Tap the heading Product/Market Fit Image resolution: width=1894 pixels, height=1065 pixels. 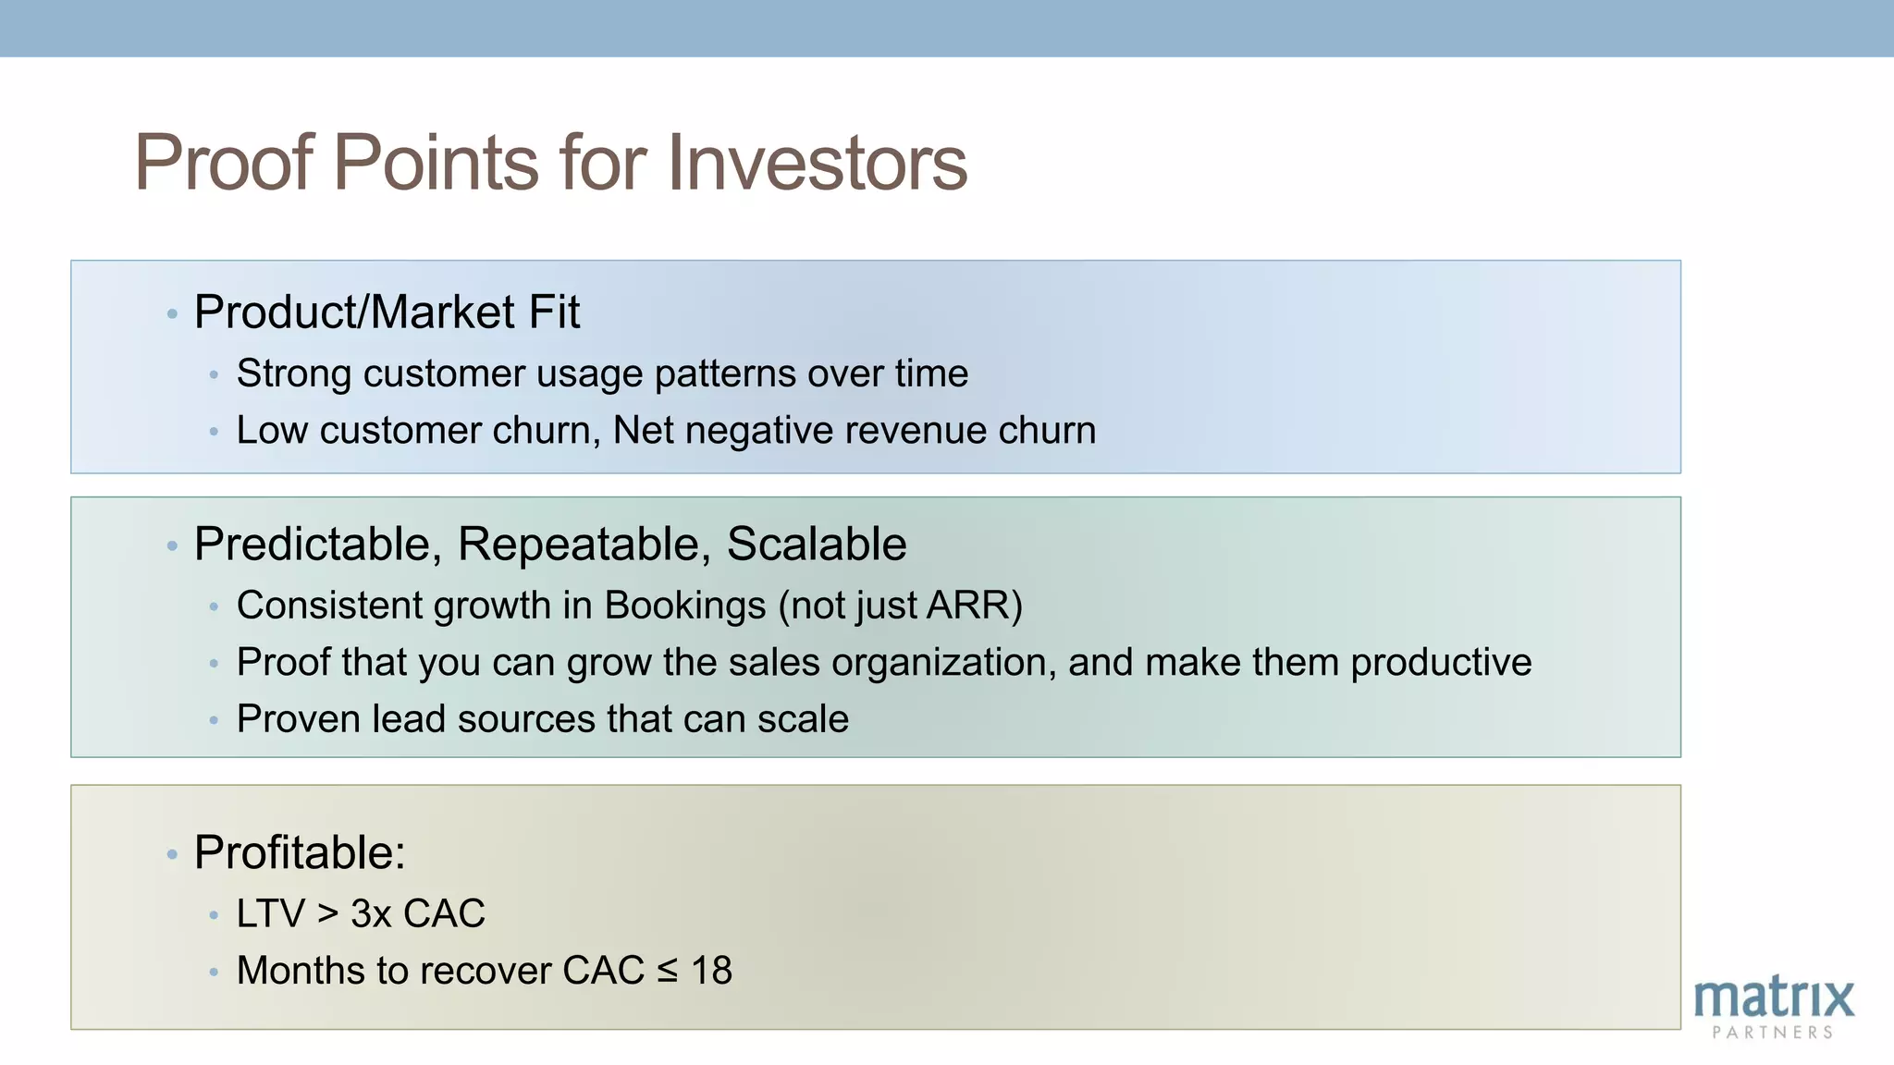387,312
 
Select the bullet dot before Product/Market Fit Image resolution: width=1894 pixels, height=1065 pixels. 172,315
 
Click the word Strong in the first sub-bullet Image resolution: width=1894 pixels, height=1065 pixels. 294,374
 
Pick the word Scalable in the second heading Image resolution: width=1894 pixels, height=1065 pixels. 816,545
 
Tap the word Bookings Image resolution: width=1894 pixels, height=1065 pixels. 684,606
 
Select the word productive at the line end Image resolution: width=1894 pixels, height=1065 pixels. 1440,664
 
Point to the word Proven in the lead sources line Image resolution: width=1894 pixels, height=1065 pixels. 298,719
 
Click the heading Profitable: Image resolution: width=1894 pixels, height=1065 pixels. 300,852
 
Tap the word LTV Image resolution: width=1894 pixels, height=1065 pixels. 270,914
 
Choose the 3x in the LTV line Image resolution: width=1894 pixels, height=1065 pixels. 371,914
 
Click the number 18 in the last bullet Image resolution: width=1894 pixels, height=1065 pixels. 711,971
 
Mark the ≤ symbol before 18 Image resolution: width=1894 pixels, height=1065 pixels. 667,972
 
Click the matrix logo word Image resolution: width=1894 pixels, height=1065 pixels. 1773,998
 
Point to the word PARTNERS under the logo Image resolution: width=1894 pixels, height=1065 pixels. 1772,1033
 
